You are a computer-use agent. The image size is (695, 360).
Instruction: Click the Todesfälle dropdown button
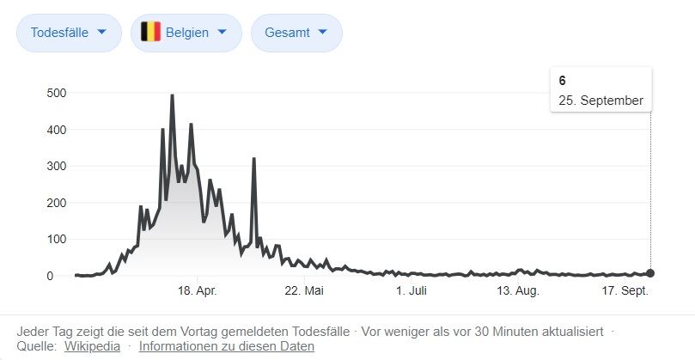tap(69, 33)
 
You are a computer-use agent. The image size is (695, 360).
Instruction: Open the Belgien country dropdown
tap(184, 33)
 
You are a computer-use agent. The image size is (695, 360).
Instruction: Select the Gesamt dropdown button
tap(296, 33)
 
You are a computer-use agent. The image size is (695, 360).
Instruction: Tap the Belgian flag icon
tap(151, 33)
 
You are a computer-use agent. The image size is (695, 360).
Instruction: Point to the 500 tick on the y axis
tap(57, 93)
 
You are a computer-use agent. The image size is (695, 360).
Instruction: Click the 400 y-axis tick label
tap(57, 130)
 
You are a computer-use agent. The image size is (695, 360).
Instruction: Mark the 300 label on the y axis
tap(57, 166)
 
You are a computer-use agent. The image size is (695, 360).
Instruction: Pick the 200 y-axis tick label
tap(57, 203)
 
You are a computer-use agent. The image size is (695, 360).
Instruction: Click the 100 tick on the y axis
tap(57, 240)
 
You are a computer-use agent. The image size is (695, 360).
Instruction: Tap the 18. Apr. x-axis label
tap(196, 291)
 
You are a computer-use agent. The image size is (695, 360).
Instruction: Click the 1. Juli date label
tap(412, 291)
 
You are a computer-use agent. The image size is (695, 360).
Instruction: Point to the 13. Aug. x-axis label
tap(517, 291)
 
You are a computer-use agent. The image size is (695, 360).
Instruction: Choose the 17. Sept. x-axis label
tap(625, 291)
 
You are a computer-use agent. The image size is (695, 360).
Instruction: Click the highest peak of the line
tap(172, 95)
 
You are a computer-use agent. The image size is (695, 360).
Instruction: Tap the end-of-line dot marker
tap(650, 273)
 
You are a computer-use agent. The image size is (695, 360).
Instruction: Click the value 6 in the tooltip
tap(562, 81)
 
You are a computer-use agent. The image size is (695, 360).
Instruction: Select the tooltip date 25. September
tap(601, 101)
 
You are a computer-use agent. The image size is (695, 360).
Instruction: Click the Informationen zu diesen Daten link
tap(226, 346)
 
